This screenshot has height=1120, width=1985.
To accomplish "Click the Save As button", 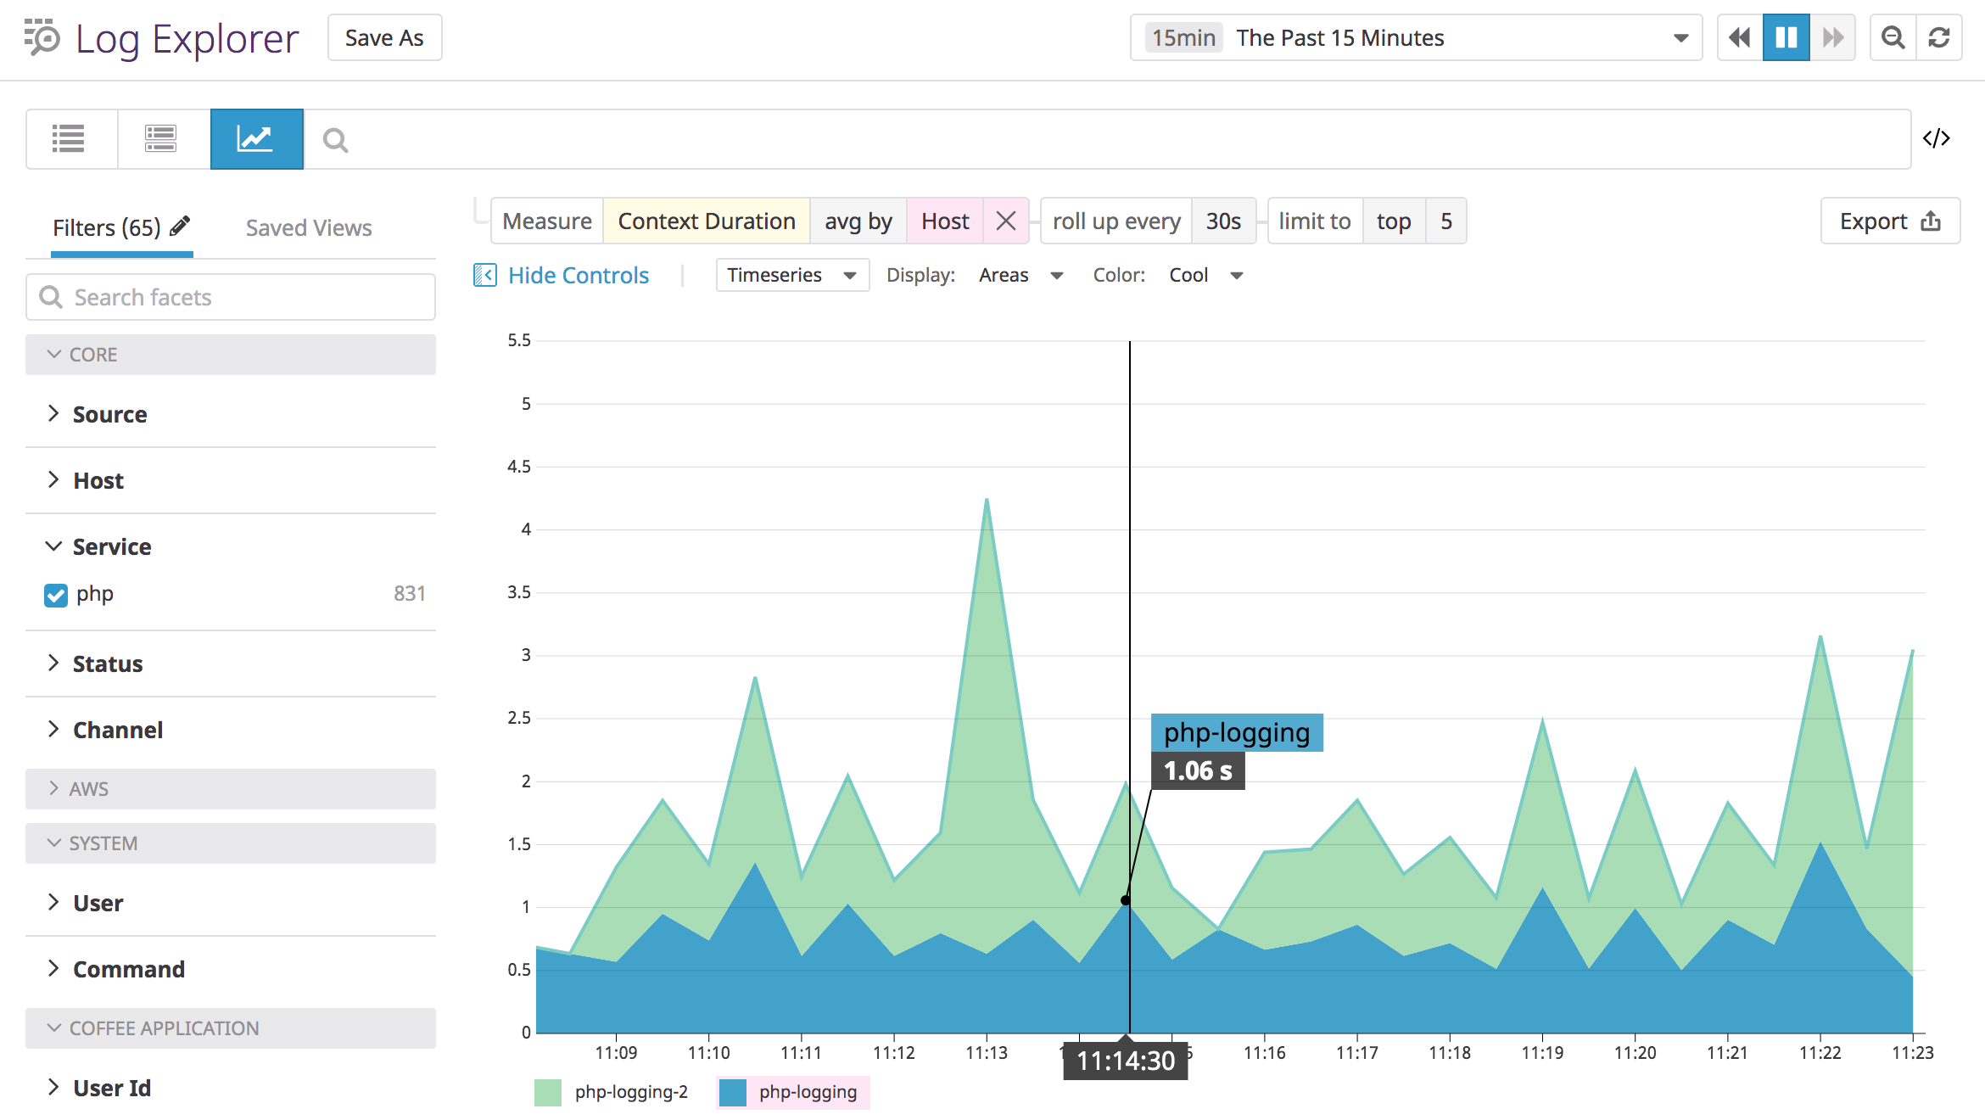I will (384, 38).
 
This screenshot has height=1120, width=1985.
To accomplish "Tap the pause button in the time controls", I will (1786, 38).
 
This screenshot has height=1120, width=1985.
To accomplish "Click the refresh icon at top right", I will (1939, 38).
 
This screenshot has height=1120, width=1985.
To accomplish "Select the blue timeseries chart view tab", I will (256, 139).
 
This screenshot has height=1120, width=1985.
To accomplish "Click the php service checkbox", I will (56, 595).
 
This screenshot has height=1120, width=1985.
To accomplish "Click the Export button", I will (1889, 221).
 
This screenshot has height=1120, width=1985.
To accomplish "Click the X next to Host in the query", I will (1006, 221).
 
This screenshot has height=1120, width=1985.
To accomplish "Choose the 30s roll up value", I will (1222, 221).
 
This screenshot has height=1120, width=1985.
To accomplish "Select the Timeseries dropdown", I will (791, 275).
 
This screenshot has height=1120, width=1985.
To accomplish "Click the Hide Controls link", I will (578, 276).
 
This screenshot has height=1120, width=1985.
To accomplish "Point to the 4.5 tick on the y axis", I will (519, 467).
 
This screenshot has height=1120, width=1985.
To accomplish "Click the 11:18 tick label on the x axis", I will (1450, 1053).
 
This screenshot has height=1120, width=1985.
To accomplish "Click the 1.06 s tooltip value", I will (1197, 771).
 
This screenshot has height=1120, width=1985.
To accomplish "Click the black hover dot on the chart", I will (1126, 900).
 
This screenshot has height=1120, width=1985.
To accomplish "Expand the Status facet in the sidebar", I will (107, 664).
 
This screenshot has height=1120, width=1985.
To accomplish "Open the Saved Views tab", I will (309, 228).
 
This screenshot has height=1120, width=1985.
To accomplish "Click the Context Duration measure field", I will (706, 221).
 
